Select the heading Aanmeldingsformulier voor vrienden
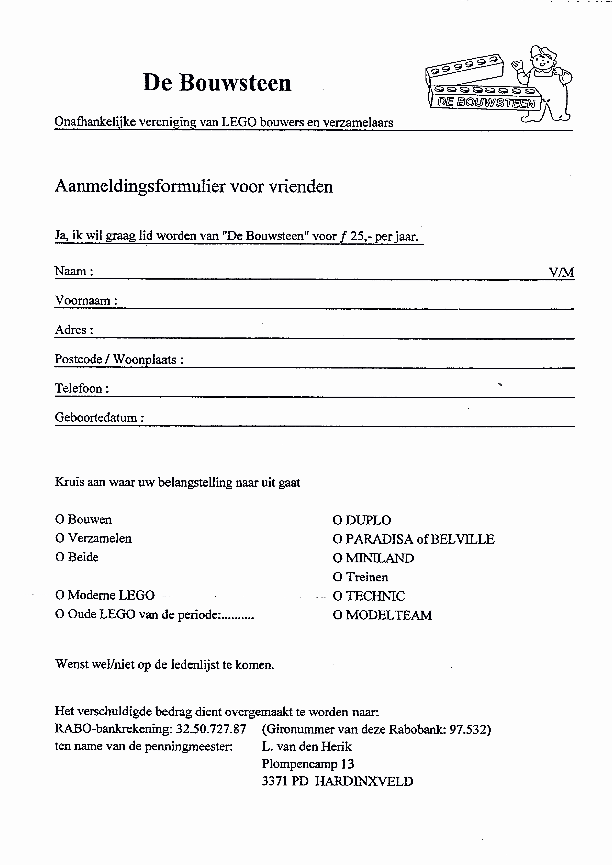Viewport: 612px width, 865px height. pyautogui.click(x=194, y=186)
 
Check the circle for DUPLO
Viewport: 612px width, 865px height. pyautogui.click(x=337, y=520)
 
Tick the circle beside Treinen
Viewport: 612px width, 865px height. pyautogui.click(x=337, y=577)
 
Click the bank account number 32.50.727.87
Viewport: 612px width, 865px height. pyautogui.click(x=211, y=729)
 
